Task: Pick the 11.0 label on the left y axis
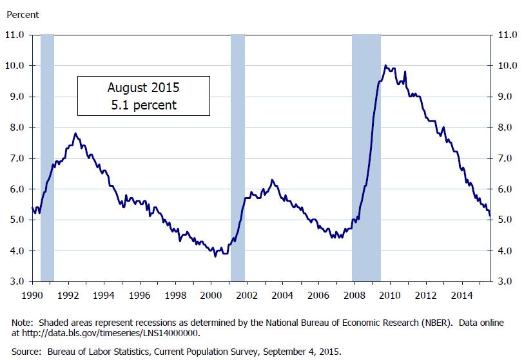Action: [15, 35]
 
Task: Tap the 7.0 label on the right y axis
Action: [505, 158]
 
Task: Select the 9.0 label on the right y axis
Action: [505, 97]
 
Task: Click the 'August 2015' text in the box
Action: [144, 87]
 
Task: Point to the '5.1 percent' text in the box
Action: [144, 104]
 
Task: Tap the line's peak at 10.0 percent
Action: [385, 66]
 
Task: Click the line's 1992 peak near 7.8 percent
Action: [75, 133]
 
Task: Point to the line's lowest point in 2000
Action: [215, 256]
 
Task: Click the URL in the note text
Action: [113, 332]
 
